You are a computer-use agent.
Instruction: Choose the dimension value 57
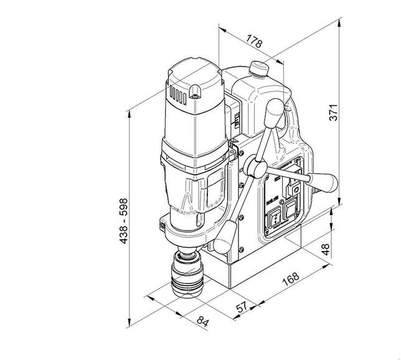pyautogui.click(x=242, y=308)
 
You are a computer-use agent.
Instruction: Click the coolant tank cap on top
pyautogui.click(x=257, y=67)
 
